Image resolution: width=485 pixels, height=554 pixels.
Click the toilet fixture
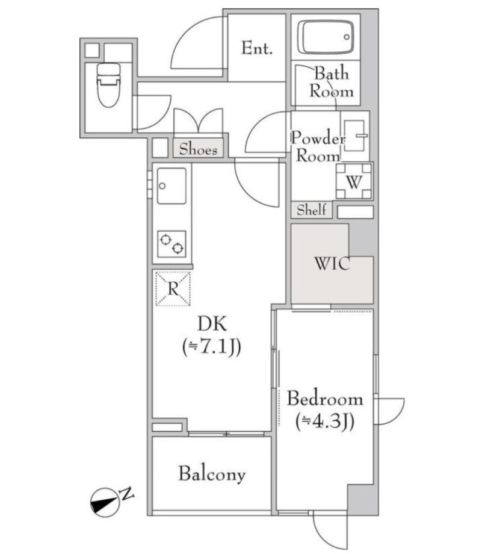pos(108,85)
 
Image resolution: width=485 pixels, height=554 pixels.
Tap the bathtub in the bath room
pos(326,37)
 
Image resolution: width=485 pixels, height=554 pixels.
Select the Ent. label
pos(257,48)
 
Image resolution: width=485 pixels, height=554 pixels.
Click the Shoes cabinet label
pos(198,149)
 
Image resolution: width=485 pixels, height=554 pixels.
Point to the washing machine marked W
pos(354,181)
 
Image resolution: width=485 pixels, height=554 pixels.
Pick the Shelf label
pos(311,210)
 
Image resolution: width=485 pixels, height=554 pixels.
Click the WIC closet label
pos(332,264)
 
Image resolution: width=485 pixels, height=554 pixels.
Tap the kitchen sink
pos(171,186)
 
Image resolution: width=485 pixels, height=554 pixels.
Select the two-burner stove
pos(171,244)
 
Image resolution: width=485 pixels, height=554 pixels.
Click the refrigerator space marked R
pos(173,288)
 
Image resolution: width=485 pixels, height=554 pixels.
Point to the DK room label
pos(212,323)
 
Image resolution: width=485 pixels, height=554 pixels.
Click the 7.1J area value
pos(212,347)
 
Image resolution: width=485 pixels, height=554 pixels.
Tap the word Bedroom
pos(325,399)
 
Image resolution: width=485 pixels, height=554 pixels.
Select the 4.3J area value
pos(325,422)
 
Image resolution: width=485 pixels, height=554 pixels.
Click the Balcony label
pos(212,474)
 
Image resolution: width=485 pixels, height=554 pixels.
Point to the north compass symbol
pos(105,503)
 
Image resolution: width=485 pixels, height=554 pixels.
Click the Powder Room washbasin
pos(354,135)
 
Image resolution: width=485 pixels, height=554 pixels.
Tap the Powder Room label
pos(318,147)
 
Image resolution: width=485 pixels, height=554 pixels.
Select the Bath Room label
pos(331,82)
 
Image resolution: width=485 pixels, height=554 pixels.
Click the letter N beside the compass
pos(127,494)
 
